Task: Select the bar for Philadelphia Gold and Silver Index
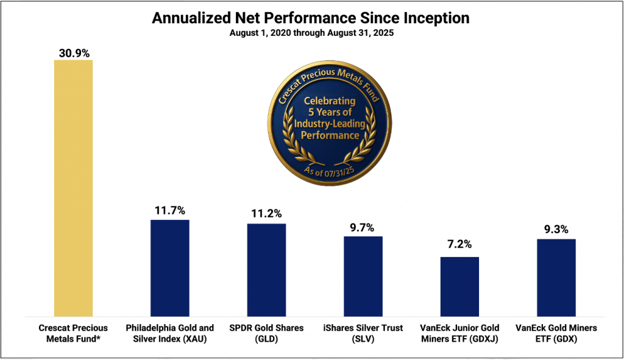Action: click(170, 268)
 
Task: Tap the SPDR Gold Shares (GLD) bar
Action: click(266, 270)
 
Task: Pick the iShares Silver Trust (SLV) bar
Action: click(363, 276)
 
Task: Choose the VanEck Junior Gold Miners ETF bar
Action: click(459, 286)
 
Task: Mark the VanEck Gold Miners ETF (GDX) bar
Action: click(556, 277)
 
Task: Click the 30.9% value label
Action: click(74, 53)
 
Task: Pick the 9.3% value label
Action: click(556, 231)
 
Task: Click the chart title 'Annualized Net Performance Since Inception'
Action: click(311, 18)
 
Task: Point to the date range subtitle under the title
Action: click(311, 33)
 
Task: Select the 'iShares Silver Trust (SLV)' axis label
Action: click(363, 333)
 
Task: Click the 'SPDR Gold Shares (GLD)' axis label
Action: click(266, 333)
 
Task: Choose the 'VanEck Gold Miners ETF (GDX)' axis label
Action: click(556, 333)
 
